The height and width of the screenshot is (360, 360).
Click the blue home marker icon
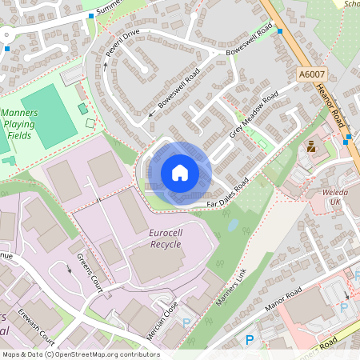click(180, 172)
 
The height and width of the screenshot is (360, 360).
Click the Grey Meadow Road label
click(254, 115)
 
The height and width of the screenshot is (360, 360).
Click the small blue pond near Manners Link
click(232, 226)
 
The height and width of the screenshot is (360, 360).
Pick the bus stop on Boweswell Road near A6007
click(280, 31)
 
